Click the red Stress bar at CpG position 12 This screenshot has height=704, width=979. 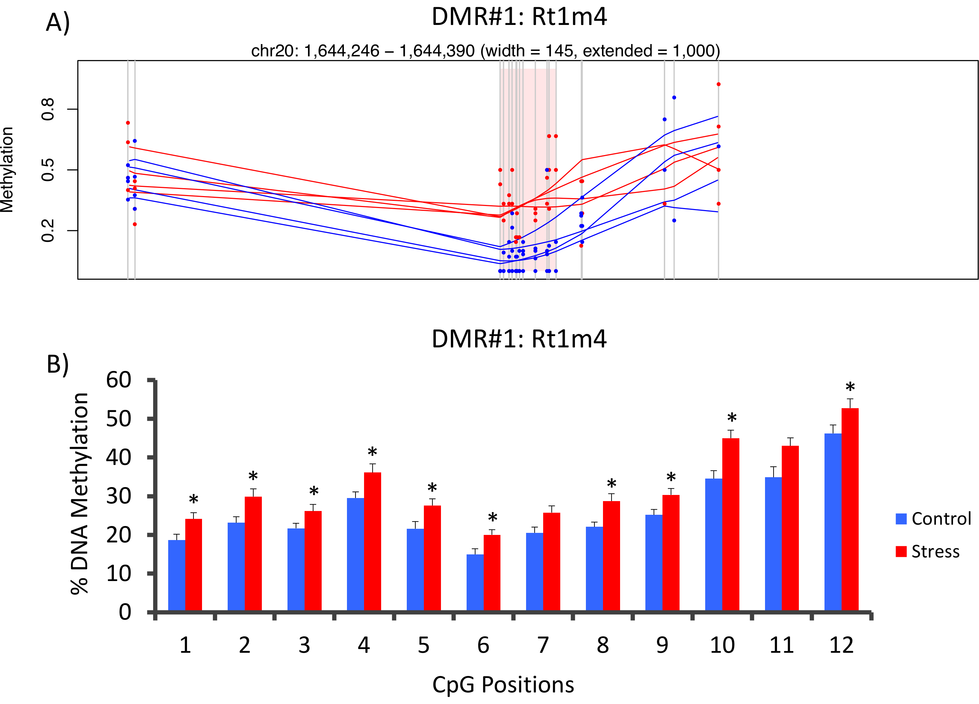[850, 509]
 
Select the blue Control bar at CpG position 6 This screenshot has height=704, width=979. [475, 582]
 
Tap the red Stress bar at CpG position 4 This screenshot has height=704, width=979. [373, 541]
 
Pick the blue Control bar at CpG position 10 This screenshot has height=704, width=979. [713, 544]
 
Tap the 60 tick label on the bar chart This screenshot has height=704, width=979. [119, 381]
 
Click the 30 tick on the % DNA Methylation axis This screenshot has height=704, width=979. [119, 496]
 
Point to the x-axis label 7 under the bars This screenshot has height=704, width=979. [543, 645]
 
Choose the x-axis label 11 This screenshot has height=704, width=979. [782, 645]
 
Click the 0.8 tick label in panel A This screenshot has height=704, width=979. [48, 109]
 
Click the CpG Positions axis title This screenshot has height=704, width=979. [503, 685]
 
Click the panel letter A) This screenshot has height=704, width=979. [58, 23]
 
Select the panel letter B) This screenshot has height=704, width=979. [58, 364]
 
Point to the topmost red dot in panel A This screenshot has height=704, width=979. [718, 84]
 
